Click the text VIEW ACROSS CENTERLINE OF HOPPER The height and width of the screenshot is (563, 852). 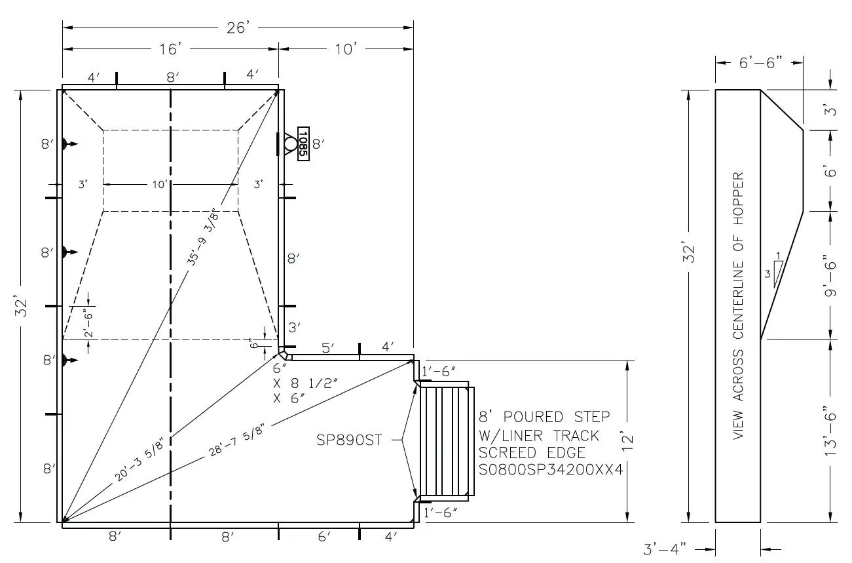[738, 306]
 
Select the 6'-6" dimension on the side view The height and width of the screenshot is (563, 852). [760, 64]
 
